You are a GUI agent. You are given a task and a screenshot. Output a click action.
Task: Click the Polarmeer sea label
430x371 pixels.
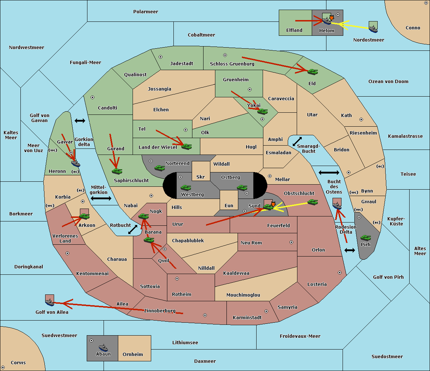click(x=145, y=12)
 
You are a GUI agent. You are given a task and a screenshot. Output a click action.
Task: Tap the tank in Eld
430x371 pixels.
click(x=313, y=72)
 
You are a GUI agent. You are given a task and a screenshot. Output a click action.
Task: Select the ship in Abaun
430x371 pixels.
click(x=104, y=347)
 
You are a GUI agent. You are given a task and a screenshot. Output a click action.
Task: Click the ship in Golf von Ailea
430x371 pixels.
click(x=50, y=302)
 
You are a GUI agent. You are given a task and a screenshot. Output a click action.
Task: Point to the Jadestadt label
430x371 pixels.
click(x=182, y=63)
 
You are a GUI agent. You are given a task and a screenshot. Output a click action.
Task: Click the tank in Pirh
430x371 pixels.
click(x=365, y=238)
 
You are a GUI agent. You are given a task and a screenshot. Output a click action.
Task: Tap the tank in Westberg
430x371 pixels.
click(x=186, y=187)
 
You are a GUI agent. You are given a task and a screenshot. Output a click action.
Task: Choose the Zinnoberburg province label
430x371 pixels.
click(x=160, y=311)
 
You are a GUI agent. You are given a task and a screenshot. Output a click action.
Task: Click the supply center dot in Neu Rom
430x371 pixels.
click(x=291, y=242)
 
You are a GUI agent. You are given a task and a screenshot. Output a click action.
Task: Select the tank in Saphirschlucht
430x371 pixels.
click(x=117, y=171)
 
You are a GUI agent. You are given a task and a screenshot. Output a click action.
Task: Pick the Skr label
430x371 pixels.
click(x=200, y=177)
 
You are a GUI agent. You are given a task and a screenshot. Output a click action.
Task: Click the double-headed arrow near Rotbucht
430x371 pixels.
click(x=133, y=229)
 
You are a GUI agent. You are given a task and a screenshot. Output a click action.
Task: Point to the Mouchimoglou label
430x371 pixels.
click(x=243, y=295)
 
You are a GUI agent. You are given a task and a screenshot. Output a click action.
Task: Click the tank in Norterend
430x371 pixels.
click(x=159, y=168)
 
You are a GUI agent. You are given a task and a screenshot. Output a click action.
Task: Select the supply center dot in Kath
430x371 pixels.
click(x=361, y=119)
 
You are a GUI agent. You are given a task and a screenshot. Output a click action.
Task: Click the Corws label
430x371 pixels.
click(x=18, y=362)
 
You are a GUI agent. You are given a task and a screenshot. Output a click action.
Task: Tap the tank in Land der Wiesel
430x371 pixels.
click(x=186, y=146)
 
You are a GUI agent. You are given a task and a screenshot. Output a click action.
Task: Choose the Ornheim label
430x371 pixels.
click(x=133, y=354)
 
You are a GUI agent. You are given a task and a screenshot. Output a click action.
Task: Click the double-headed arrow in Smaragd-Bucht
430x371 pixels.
click(x=297, y=141)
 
